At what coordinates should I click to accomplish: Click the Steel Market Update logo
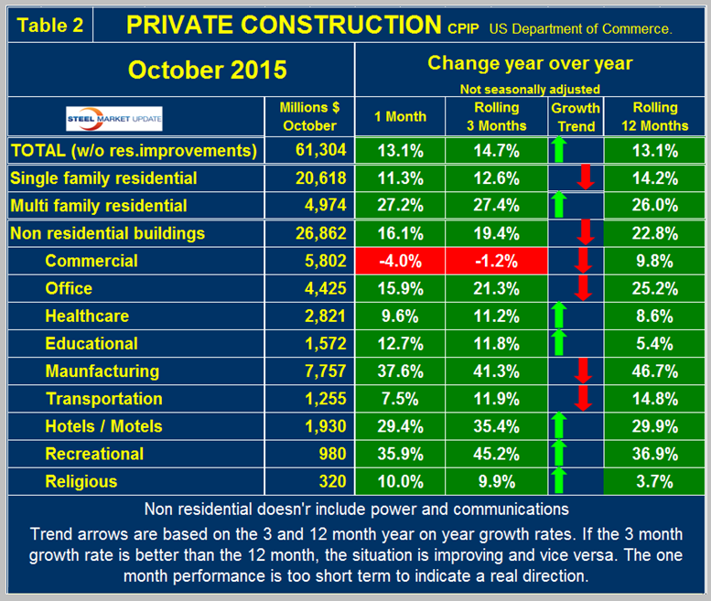[x=102, y=117]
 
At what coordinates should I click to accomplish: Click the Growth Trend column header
[x=575, y=117]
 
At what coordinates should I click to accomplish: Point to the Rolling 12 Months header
[x=655, y=117]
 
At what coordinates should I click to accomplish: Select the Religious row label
[x=81, y=481]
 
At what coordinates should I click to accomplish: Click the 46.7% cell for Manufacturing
[x=655, y=371]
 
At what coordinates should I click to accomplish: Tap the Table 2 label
[x=51, y=25]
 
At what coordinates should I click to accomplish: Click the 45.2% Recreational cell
[x=494, y=454]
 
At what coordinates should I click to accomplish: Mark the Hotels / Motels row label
[x=103, y=426]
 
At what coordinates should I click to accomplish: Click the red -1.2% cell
[x=494, y=261]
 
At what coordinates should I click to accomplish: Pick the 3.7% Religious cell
[x=655, y=481]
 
